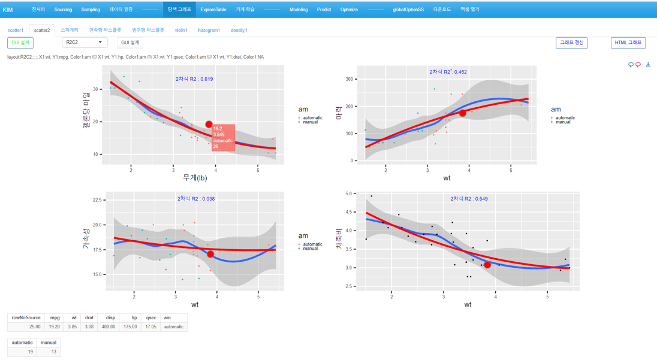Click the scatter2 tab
coord(42,30)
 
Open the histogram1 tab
coord(209,30)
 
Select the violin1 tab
coord(181,30)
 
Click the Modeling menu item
coord(299,10)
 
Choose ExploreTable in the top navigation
coord(213,10)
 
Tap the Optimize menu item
coord(349,10)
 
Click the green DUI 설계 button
coord(20,43)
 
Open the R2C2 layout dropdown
coord(85,43)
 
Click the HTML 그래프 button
coord(628,43)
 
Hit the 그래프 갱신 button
coord(571,43)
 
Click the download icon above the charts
coord(648,65)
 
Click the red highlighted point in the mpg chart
coord(209,125)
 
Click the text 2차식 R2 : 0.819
coord(194,79)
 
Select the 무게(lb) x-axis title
coord(195,178)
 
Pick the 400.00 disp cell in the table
coord(108,327)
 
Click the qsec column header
coord(151,318)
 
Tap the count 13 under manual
coord(49,352)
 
